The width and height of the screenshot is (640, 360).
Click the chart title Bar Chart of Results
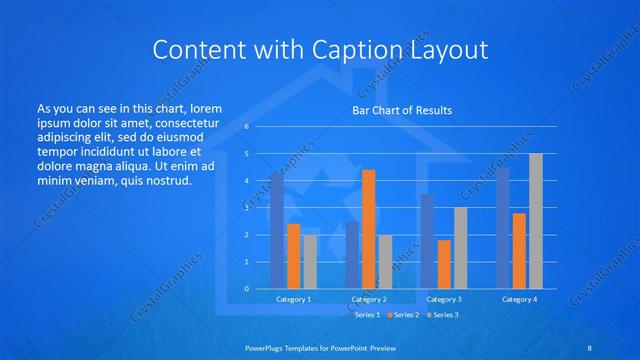click(x=401, y=110)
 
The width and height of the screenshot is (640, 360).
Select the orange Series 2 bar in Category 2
click(x=368, y=229)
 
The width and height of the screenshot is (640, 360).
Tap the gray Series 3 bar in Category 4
click(x=536, y=221)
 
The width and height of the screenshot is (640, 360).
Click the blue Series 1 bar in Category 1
click(x=276, y=231)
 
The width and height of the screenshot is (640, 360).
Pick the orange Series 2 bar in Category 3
click(x=444, y=264)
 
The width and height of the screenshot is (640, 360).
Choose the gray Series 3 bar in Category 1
click(x=309, y=261)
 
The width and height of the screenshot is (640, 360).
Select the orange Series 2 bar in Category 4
click(x=519, y=251)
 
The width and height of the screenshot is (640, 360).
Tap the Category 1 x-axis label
click(x=293, y=299)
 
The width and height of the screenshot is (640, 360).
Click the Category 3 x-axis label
click(x=444, y=299)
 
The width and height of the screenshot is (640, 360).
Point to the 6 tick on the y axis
click(x=247, y=127)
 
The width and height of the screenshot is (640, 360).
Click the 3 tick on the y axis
click(x=247, y=208)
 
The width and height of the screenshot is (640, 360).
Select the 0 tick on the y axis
click(x=247, y=289)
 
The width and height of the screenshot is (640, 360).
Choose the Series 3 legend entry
click(x=444, y=314)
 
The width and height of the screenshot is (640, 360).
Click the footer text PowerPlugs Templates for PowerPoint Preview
click(x=319, y=347)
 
